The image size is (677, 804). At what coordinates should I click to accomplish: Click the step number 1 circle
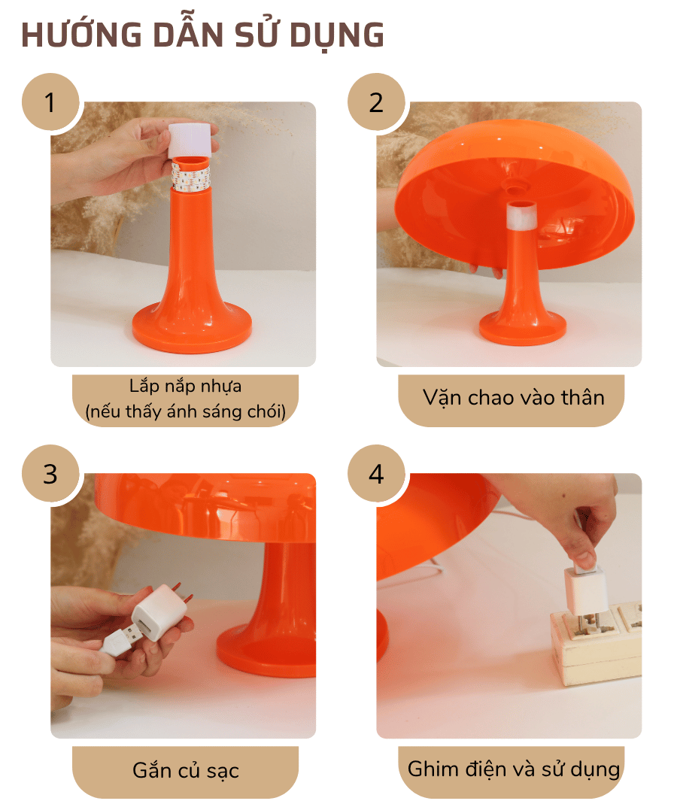pyautogui.click(x=50, y=102)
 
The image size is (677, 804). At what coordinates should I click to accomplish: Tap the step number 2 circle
pyautogui.click(x=376, y=102)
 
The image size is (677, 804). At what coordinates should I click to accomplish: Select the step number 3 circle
pyautogui.click(x=50, y=474)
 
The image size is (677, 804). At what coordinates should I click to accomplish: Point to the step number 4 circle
pyautogui.click(x=376, y=474)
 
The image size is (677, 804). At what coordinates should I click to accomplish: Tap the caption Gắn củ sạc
pyautogui.click(x=185, y=771)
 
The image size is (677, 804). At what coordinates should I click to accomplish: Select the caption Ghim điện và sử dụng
pyautogui.click(x=513, y=769)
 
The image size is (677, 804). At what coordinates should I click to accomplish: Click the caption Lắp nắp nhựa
pyautogui.click(x=185, y=387)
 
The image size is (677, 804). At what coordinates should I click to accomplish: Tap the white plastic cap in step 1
pyautogui.click(x=189, y=140)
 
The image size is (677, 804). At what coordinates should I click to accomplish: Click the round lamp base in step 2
pyautogui.click(x=523, y=327)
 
